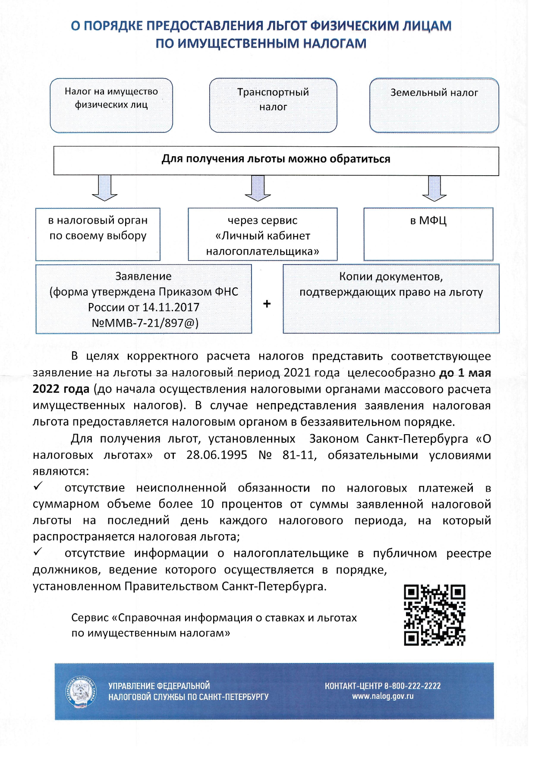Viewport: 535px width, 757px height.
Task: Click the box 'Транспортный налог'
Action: point(273,105)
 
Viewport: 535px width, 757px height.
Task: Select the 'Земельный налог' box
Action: point(434,105)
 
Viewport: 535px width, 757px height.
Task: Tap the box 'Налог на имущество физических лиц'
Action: point(111,105)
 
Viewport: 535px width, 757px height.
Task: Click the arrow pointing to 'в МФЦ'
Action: point(434,189)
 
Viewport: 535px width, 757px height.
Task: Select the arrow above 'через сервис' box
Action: point(258,189)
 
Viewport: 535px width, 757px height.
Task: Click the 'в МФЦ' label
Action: point(428,221)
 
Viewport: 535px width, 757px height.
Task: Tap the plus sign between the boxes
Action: point(267,304)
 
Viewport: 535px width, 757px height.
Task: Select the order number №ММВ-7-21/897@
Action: point(145,323)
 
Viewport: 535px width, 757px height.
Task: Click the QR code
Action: point(434,615)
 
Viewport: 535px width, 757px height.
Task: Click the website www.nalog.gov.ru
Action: point(383,696)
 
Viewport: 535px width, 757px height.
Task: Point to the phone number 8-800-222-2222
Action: point(412,686)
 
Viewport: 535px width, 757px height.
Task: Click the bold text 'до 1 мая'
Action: point(465,372)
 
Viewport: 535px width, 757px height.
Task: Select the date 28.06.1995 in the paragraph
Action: point(217,455)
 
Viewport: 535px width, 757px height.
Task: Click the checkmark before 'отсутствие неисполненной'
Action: point(38,487)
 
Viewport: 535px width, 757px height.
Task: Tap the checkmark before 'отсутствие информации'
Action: point(38,552)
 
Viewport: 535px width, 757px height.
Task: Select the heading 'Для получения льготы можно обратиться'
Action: point(276,159)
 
